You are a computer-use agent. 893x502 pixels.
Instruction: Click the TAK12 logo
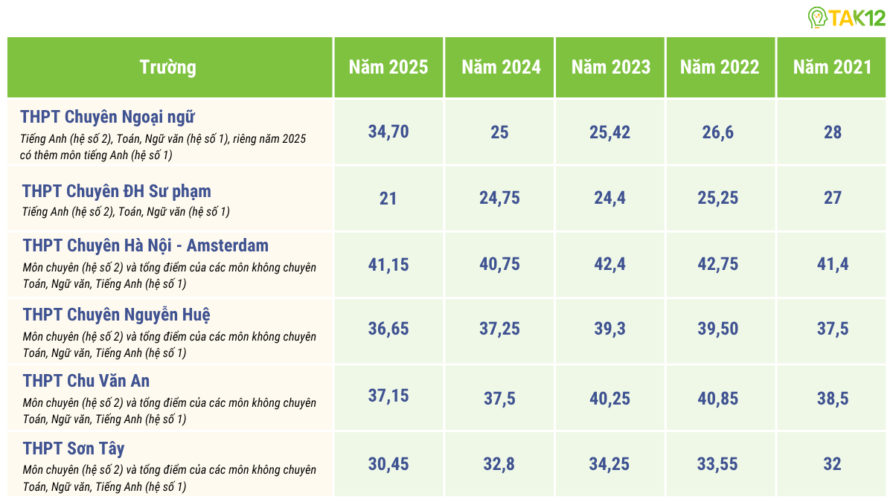click(x=848, y=17)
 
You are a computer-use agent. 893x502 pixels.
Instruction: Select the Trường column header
click(x=168, y=67)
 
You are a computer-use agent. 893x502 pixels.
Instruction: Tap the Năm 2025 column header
click(x=388, y=67)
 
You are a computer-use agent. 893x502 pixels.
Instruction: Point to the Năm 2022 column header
click(x=720, y=67)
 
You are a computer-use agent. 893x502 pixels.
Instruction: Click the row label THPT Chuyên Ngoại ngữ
click(x=108, y=117)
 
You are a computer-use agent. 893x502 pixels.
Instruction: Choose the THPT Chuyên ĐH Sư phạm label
click(x=117, y=191)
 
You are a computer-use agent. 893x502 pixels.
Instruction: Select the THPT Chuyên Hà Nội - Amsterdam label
click(x=146, y=245)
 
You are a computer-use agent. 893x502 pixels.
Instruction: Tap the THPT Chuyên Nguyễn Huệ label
click(x=122, y=314)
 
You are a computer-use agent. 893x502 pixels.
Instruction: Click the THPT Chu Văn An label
click(x=86, y=381)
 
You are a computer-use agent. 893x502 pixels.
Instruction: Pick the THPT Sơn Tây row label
click(x=74, y=448)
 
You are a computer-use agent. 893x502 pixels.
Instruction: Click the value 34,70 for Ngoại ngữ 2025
click(x=388, y=132)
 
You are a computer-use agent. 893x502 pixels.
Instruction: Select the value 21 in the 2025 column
click(x=388, y=199)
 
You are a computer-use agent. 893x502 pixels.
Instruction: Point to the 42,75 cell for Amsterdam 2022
click(x=720, y=264)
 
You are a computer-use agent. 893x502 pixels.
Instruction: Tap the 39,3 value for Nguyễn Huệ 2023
click(x=610, y=329)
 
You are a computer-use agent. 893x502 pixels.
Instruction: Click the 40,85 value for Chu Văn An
click(x=720, y=399)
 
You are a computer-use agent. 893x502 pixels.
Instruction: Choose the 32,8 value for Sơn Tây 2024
click(x=500, y=464)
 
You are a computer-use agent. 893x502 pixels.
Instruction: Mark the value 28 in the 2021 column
click(x=832, y=132)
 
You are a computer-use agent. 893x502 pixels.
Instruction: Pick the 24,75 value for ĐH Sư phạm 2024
click(x=500, y=199)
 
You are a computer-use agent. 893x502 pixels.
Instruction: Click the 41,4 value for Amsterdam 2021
click(x=832, y=264)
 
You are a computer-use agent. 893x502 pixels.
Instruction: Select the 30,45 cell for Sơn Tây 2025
click(x=388, y=464)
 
